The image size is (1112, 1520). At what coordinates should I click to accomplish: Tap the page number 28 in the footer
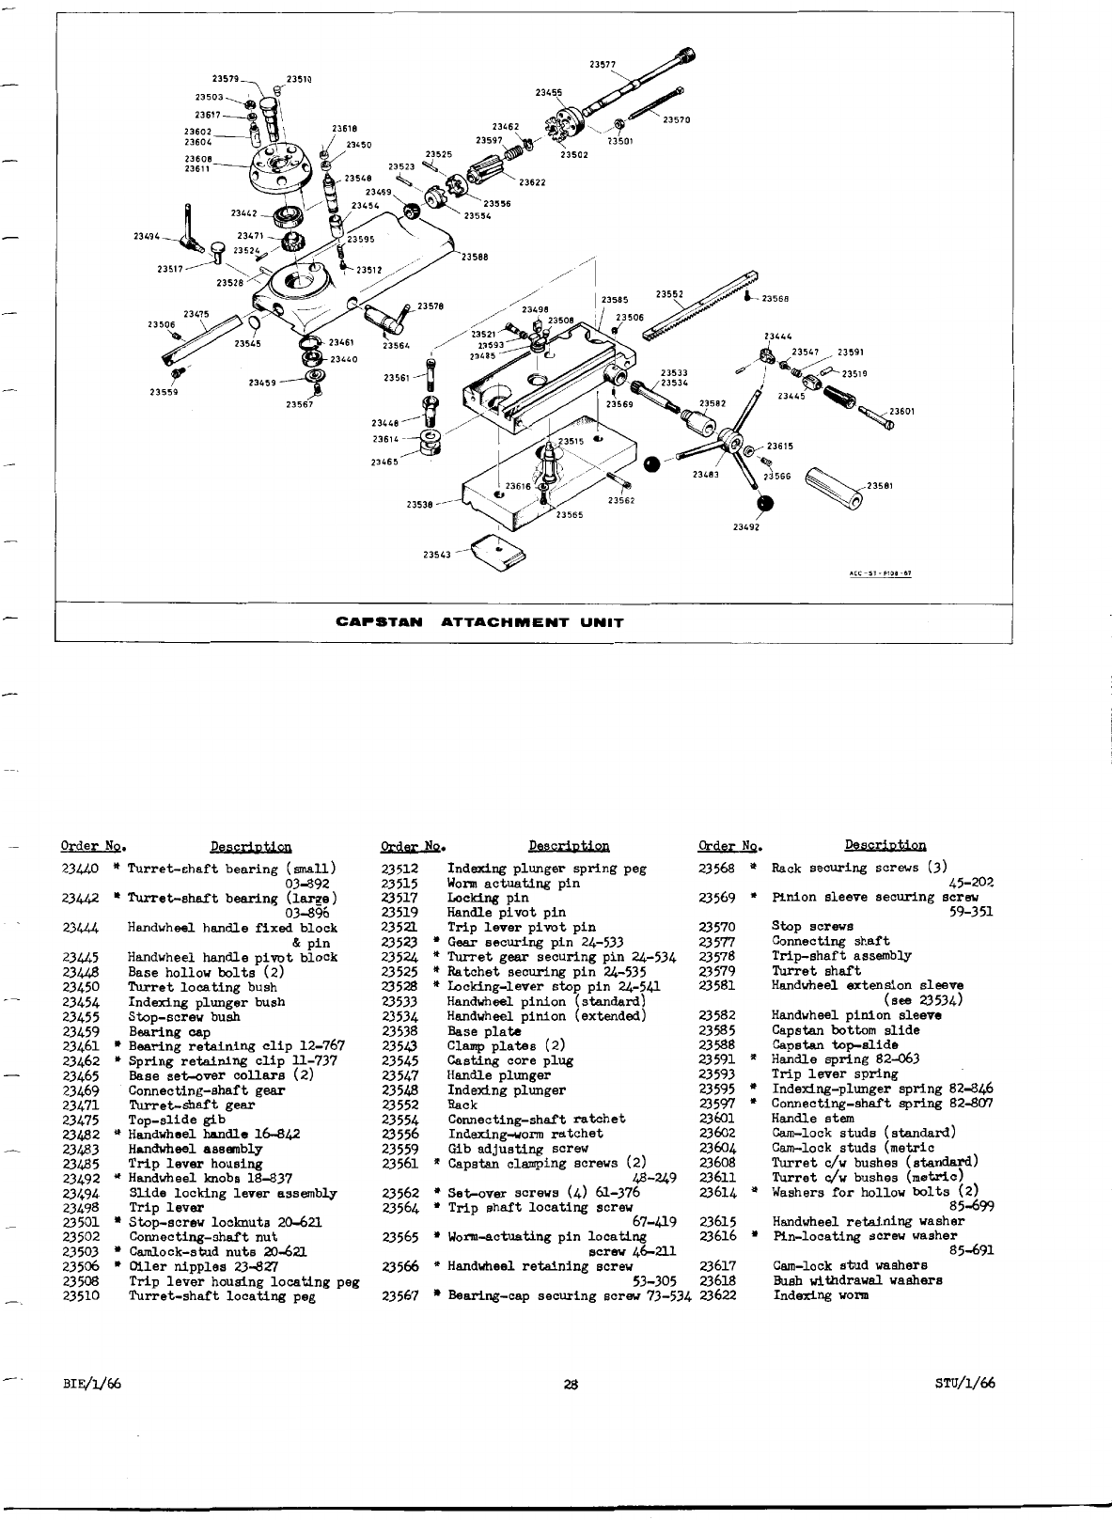tap(570, 1383)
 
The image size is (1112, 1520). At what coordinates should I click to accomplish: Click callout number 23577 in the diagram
tap(603, 65)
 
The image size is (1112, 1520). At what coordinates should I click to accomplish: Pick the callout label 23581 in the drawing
tap(880, 485)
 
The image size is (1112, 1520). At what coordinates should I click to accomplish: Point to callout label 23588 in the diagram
tap(475, 257)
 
